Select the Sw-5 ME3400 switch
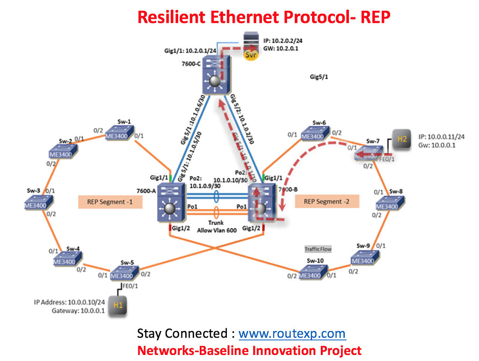coord(124,274)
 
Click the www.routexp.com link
coord(292,334)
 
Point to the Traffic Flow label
coord(318,249)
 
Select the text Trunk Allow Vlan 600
coord(216,227)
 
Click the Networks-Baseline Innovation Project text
coord(249,350)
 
